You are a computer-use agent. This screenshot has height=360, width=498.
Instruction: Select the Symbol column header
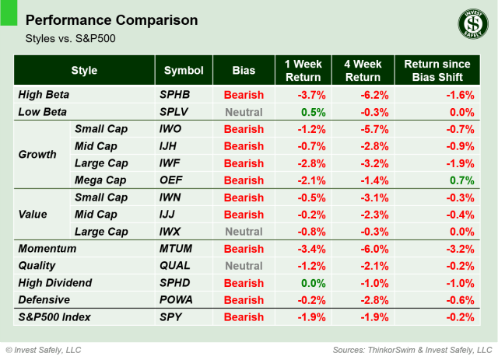coord(184,71)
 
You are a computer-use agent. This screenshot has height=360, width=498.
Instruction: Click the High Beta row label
coord(44,95)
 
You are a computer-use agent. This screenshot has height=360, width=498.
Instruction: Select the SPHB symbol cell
coord(174,95)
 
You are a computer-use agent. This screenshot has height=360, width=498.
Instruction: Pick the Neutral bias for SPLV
coord(244,112)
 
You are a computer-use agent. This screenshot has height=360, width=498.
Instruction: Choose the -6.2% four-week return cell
coord(363,95)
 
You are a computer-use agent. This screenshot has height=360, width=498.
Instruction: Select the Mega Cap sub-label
coord(100,180)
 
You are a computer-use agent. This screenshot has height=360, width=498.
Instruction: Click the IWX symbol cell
coord(172,232)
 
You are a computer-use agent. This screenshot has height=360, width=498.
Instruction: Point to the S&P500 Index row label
coord(54,317)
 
